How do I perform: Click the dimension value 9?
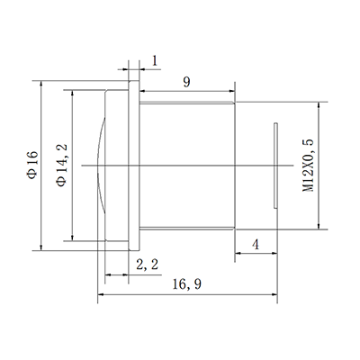point(185,81)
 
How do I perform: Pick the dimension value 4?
point(256,244)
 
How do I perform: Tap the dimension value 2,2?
point(148,264)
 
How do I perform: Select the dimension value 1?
point(155,60)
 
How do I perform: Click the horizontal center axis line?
point(180,165)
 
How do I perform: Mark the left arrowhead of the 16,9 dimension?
point(101,293)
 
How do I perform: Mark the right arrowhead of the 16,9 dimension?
point(274,293)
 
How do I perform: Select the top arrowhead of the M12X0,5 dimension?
point(318,104)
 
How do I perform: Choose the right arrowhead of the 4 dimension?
point(274,255)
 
